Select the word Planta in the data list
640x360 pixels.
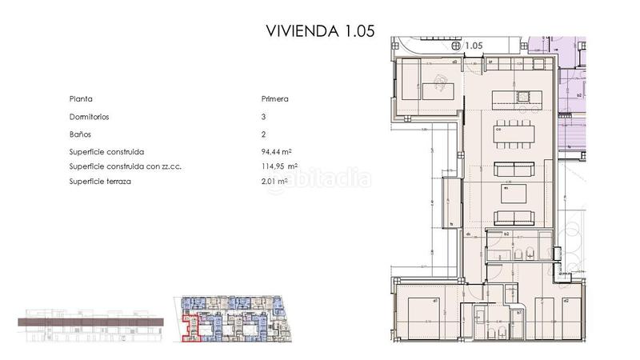82,99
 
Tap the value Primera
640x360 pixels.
274,99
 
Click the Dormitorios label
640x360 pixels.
89,117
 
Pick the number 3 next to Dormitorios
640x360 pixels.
263,117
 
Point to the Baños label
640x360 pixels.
80,134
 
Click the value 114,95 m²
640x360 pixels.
279,166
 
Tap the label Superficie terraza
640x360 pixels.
102,182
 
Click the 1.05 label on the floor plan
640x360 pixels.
473,46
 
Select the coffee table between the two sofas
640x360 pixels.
513,194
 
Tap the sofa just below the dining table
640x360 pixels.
513,169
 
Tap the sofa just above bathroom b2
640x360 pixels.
513,217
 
